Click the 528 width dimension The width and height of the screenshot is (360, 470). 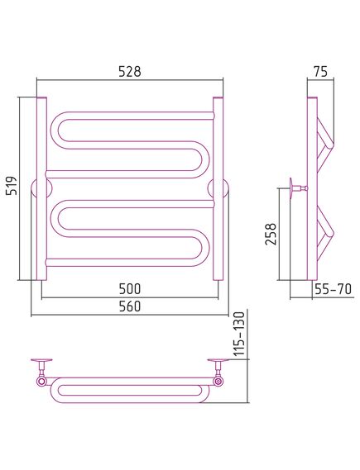(130, 72)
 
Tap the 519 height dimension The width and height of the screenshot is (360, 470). (12, 186)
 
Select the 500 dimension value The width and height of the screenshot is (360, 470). (130, 289)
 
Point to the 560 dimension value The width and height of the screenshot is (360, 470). (130, 306)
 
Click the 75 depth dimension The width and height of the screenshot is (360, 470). (320, 72)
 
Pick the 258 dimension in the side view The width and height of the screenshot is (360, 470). (271, 234)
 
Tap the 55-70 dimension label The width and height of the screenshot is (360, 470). (333, 289)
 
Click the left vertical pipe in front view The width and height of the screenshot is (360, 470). (41, 188)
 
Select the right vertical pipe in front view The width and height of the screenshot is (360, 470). (218, 188)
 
